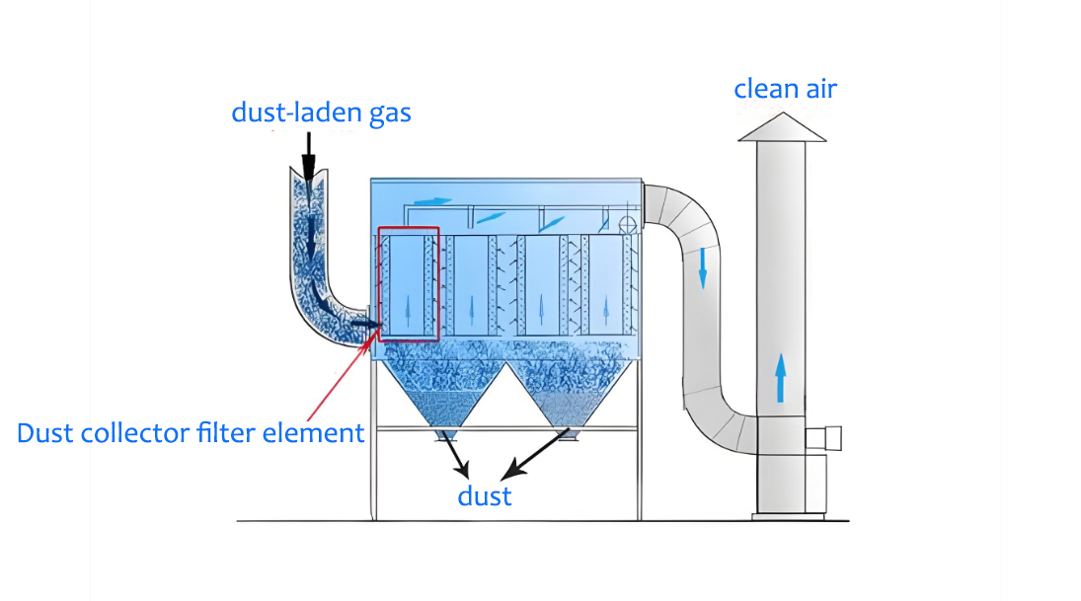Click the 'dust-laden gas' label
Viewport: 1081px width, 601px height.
(321, 113)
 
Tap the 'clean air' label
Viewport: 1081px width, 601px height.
(785, 89)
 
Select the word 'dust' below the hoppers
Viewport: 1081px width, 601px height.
(485, 494)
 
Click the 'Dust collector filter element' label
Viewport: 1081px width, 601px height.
(191, 432)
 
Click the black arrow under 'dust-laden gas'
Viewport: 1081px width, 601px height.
(308, 158)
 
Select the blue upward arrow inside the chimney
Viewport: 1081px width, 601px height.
(780, 379)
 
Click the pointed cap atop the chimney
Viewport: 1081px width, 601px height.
(783, 127)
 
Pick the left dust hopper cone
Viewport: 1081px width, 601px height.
(441, 395)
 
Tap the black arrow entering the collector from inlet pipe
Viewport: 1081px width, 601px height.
(366, 323)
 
